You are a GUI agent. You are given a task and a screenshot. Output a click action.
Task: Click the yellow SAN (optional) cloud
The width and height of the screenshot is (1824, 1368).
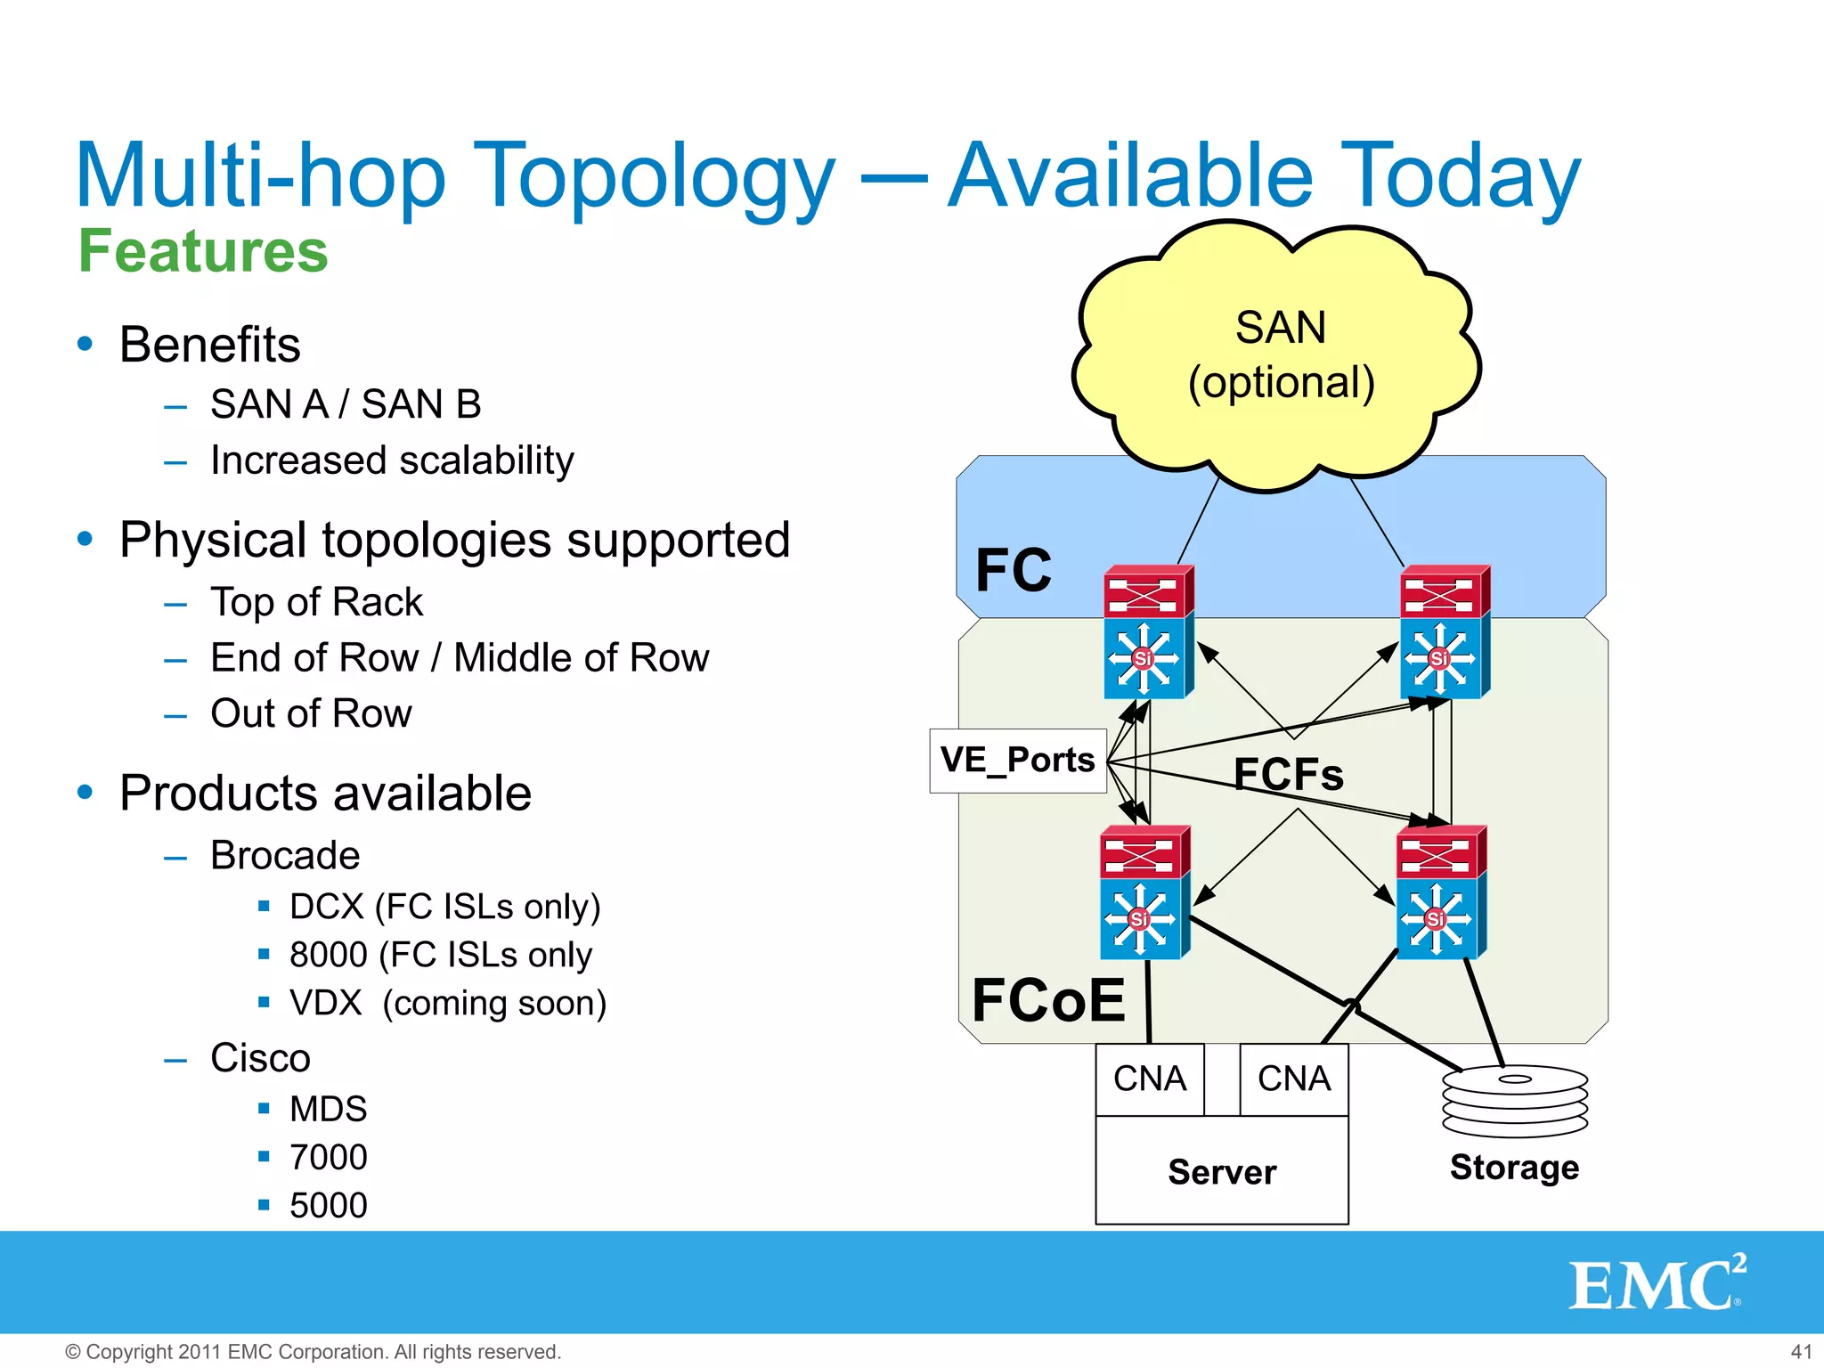(1279, 356)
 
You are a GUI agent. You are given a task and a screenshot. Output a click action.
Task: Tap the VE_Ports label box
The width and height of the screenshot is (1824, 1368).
(1018, 761)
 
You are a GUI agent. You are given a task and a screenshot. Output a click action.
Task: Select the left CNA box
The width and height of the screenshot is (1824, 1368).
(1149, 1079)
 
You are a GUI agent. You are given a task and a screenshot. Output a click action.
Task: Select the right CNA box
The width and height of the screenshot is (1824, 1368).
(1293, 1079)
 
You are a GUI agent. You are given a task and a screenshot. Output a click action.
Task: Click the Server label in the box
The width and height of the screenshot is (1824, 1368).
(1222, 1172)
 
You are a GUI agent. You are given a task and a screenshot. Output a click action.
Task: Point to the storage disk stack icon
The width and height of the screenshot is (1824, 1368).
(1514, 1101)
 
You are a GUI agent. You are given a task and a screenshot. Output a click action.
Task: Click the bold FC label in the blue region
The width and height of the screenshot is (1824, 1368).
(1014, 570)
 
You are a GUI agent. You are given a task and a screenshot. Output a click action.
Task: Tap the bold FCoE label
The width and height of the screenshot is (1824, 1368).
(1048, 1000)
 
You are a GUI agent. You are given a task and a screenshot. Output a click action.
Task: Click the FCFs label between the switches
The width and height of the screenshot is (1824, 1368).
(1288, 774)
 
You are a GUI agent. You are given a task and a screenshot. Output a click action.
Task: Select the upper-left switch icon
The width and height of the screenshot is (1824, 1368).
(1148, 632)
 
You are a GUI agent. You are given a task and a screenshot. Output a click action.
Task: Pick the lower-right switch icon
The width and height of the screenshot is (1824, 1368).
(1440, 892)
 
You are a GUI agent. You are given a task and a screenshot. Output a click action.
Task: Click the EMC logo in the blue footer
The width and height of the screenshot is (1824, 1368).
(1657, 1283)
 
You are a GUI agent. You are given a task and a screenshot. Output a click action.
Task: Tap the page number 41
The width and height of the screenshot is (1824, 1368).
(1801, 1351)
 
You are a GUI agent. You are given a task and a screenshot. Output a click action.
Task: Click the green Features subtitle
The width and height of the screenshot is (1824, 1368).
(203, 251)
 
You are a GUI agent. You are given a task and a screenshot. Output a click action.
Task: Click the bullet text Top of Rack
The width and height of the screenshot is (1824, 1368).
(316, 602)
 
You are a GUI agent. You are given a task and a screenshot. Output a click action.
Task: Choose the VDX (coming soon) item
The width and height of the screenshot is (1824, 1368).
(448, 1003)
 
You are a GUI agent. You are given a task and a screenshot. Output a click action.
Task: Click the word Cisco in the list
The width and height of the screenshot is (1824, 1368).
(260, 1058)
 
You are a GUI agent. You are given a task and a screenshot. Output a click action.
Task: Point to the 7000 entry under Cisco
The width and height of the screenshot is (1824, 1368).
(328, 1157)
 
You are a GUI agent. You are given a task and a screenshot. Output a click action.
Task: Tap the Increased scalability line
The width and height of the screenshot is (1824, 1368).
(392, 460)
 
